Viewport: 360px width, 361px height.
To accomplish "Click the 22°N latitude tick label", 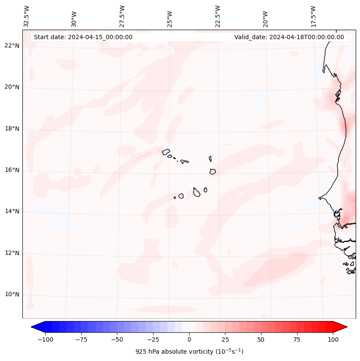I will tap(12, 46).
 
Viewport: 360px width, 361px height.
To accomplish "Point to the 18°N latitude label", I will tap(12, 129).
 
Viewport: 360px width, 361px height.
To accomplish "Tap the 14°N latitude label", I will tap(12, 211).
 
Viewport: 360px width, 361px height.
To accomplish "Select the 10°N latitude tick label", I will tap(12, 294).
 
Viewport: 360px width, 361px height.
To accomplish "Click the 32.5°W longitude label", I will tap(27, 16).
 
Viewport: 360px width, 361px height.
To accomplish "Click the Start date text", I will tap(83, 37).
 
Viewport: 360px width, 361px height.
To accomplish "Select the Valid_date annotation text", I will tap(289, 37).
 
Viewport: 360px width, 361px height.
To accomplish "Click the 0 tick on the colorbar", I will tap(189, 339).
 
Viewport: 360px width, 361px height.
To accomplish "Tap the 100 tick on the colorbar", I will tap(333, 339).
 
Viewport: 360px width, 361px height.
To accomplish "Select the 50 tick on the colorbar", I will tap(261, 339).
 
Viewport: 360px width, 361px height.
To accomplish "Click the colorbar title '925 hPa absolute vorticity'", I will tap(189, 352).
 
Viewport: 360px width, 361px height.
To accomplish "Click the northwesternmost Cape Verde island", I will tap(166, 151).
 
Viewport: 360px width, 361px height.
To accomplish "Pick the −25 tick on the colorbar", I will tap(153, 339).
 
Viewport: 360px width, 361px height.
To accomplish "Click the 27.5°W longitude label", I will tap(122, 16).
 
